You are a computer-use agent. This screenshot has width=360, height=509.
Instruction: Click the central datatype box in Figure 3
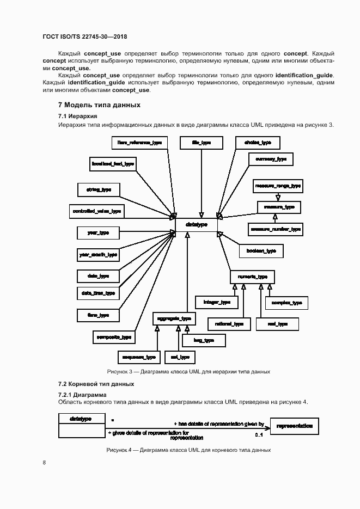[x=196, y=224]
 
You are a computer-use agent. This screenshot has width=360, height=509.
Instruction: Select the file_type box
[x=202, y=143]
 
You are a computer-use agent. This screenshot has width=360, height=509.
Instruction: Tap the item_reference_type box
[x=140, y=143]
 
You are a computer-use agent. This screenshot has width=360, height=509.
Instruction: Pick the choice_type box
[x=258, y=143]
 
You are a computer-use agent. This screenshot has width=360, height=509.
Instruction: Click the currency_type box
[x=271, y=159]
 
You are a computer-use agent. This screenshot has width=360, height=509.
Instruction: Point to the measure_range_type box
[x=278, y=186]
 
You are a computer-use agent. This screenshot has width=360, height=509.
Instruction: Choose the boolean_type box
[x=261, y=250]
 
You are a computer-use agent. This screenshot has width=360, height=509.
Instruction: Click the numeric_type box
[x=252, y=277]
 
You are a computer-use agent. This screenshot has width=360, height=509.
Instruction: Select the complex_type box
[x=286, y=303]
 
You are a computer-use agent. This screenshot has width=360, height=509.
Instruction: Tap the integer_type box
[x=217, y=302]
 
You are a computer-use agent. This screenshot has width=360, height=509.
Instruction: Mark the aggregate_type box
[x=174, y=318]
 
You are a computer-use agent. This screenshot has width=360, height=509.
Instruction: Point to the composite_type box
[x=113, y=337]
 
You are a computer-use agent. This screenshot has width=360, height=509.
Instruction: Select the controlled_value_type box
[x=97, y=211]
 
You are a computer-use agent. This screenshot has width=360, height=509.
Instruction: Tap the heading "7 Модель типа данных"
[x=99, y=105]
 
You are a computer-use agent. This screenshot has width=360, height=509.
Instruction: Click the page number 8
[x=45, y=463]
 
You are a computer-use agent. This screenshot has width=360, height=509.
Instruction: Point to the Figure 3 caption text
[x=188, y=371]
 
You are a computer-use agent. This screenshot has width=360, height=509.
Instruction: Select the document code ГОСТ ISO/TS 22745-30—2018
[x=84, y=37]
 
